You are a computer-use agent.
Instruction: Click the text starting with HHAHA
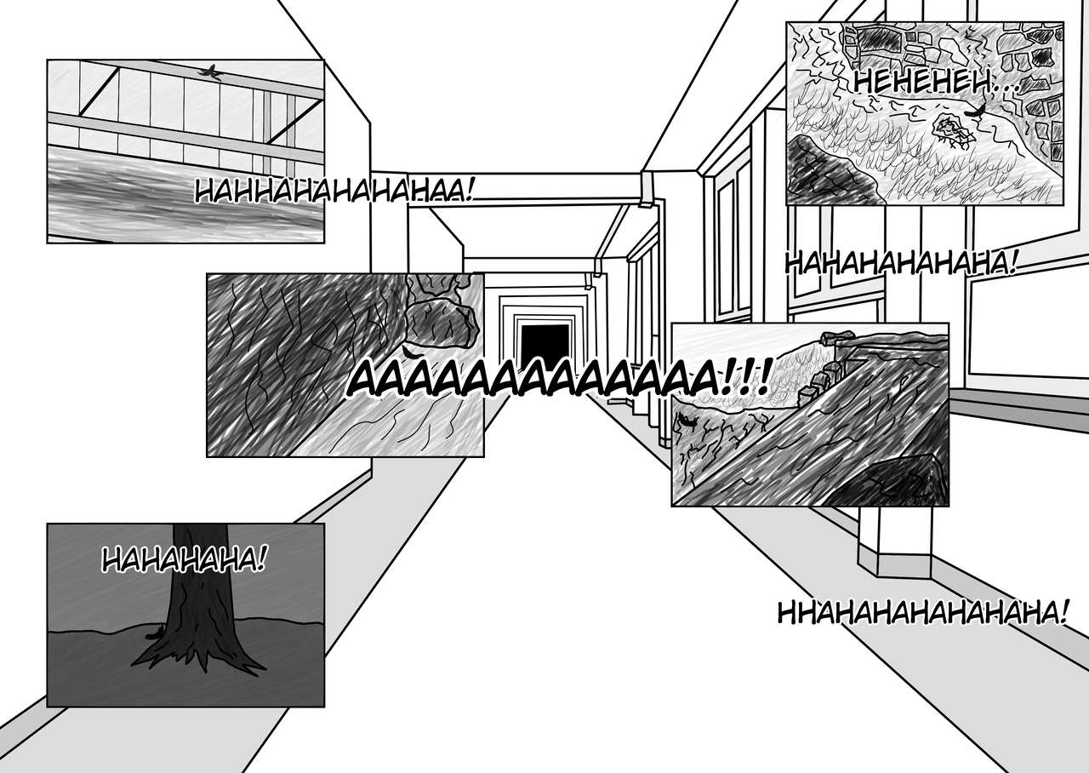pyautogui.click(x=922, y=611)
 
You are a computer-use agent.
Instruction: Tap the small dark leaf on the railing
pyautogui.click(x=210, y=72)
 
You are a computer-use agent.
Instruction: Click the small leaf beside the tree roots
pyautogui.click(x=156, y=633)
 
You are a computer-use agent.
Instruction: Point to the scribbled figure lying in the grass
pyautogui.click(x=951, y=130)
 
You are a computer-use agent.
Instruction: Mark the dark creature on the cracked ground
pyautogui.click(x=687, y=420)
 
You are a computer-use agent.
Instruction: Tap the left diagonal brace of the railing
pyautogui.click(x=100, y=94)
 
